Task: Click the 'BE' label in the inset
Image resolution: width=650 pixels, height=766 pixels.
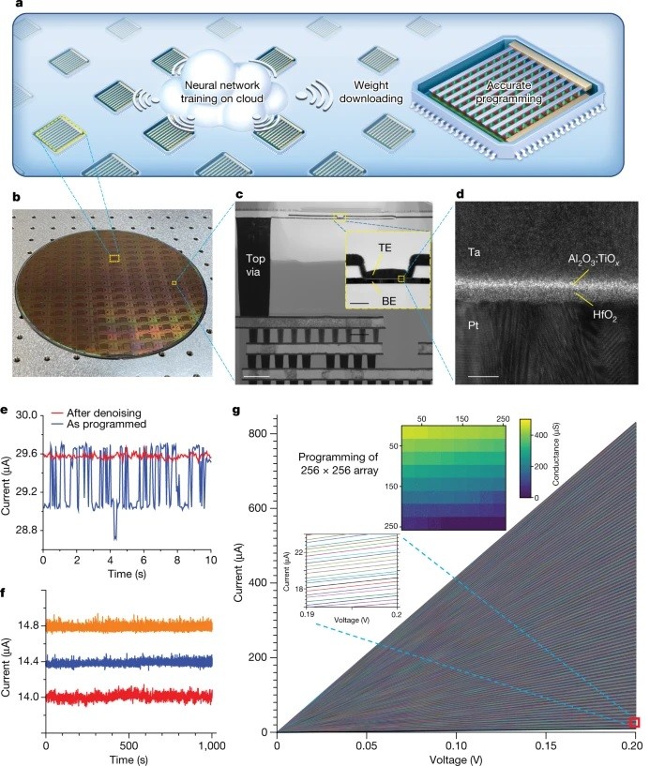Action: (386, 302)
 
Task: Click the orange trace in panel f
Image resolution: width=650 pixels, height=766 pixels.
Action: (128, 624)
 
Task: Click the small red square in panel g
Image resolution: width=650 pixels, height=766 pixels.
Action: (634, 722)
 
